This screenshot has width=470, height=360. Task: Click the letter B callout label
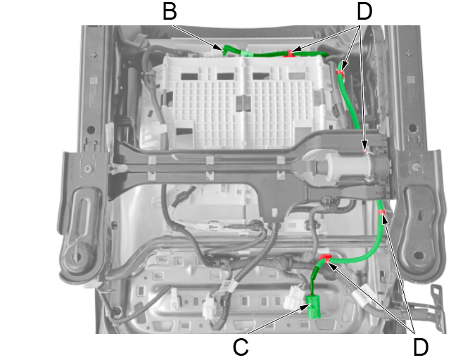click(170, 11)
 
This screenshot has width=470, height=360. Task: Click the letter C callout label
click(241, 347)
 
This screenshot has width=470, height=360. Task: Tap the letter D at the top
click(364, 11)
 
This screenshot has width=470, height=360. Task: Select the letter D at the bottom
click(421, 347)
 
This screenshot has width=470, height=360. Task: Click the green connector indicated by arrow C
click(314, 307)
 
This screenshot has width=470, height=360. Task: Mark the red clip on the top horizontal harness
click(290, 54)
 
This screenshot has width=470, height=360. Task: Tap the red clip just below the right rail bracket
click(381, 212)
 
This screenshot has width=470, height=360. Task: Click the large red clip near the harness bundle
click(325, 258)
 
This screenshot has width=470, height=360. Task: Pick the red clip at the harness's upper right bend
click(340, 72)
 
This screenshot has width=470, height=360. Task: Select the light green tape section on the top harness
click(247, 53)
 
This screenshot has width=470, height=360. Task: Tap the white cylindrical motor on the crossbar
click(348, 167)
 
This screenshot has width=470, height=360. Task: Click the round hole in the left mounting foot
click(77, 257)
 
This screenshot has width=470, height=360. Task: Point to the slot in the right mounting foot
click(419, 255)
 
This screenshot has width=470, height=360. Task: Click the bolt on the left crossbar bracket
click(88, 169)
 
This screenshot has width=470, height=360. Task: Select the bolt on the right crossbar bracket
click(416, 167)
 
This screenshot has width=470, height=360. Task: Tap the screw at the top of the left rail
click(94, 55)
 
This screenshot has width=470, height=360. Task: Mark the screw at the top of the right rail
click(408, 53)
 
